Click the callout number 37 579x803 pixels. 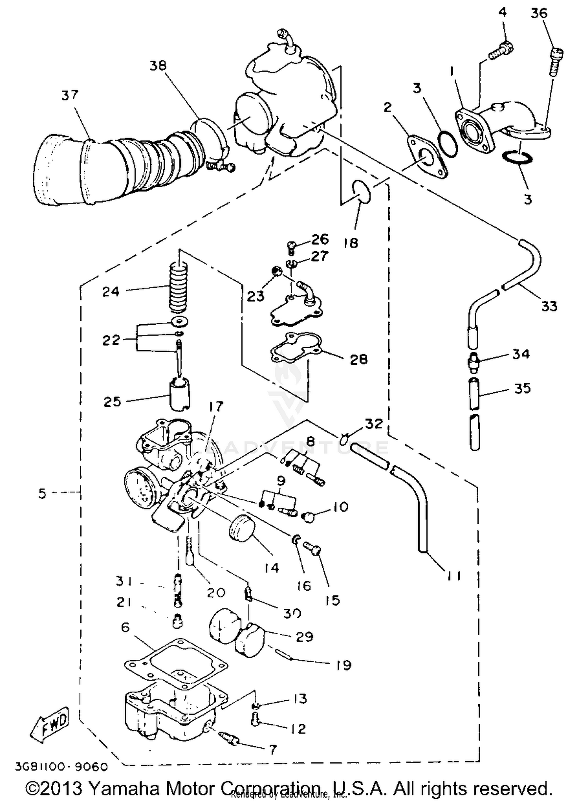(x=70, y=95)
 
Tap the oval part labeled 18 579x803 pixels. (x=362, y=191)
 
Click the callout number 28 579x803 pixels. (x=358, y=359)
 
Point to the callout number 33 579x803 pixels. (x=549, y=306)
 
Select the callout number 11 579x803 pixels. (x=454, y=576)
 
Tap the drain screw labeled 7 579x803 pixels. (x=230, y=738)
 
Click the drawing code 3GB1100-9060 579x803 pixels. (x=61, y=766)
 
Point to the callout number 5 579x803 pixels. (x=42, y=493)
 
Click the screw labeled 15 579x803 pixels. (x=313, y=548)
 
